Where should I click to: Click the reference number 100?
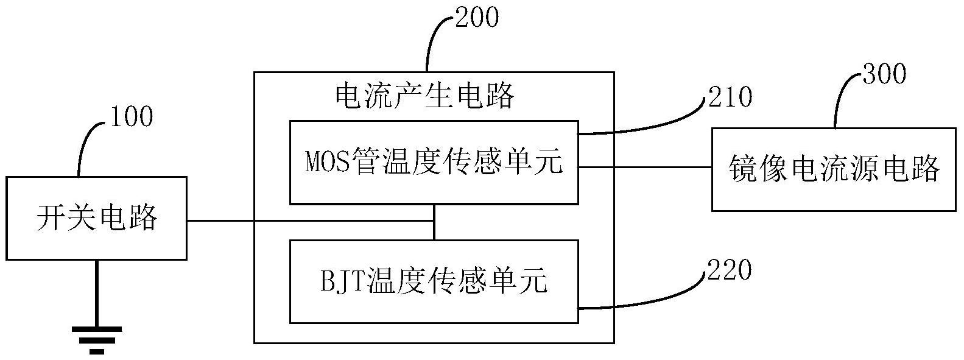click(x=132, y=116)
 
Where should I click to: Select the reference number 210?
click(x=730, y=96)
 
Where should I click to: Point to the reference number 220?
click(x=729, y=270)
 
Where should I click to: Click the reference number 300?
click(x=884, y=74)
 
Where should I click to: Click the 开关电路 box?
click(x=97, y=218)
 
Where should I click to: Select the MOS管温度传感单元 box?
click(x=434, y=162)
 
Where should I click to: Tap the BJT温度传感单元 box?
click(x=434, y=281)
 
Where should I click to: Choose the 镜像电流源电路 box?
click(x=834, y=169)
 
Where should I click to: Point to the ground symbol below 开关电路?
click(x=97, y=338)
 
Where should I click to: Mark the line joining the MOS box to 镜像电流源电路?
click(x=645, y=167)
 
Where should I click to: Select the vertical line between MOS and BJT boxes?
click(x=434, y=222)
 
